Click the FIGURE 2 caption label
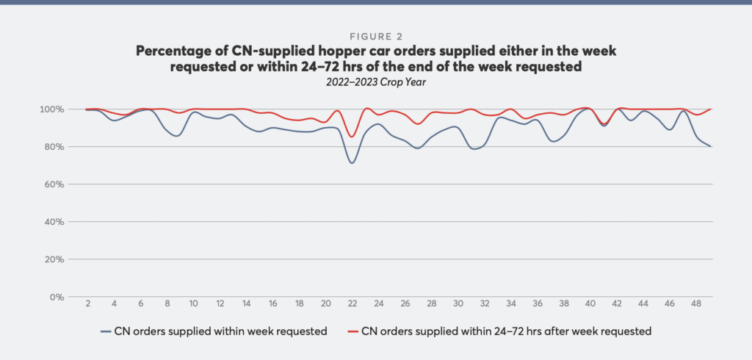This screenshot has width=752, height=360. (x=375, y=35)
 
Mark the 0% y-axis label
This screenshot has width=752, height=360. (x=54, y=297)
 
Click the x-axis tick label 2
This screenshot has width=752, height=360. (x=87, y=303)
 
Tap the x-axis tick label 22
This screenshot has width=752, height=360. (x=352, y=303)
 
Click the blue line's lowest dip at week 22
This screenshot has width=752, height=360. (x=352, y=162)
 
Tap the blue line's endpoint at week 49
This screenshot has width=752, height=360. (x=711, y=146)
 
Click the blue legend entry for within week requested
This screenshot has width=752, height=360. (x=214, y=331)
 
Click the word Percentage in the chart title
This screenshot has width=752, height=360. (x=173, y=51)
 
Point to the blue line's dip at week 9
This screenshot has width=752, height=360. (x=176, y=136)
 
